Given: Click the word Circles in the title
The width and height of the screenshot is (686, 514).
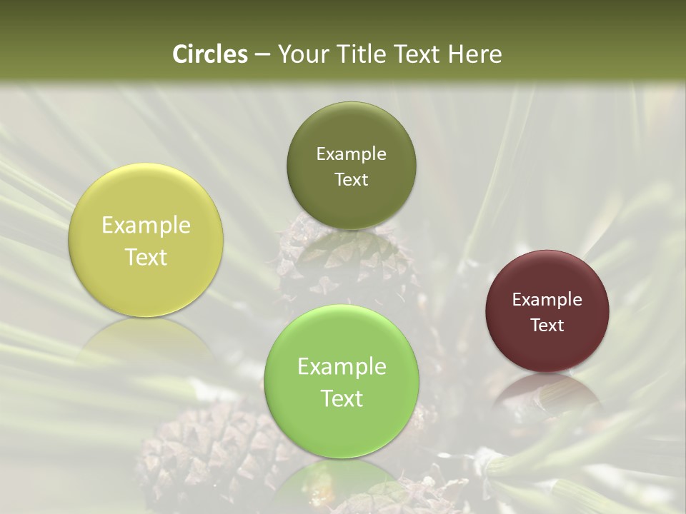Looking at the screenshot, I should point(209,54).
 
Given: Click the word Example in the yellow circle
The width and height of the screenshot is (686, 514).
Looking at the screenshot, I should point(146,226).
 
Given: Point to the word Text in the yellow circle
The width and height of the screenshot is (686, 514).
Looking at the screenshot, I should point(146,257).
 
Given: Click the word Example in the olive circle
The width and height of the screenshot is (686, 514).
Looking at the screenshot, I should point(351,154).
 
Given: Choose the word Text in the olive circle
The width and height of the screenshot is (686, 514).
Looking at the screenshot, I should point(351,179).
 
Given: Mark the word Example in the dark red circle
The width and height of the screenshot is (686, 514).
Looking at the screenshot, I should point(547,300).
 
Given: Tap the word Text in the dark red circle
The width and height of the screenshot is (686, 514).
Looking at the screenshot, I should point(547,325).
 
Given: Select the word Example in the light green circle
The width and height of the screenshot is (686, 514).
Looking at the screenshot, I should point(342,367).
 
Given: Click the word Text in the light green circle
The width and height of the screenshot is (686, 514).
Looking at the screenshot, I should point(342,398).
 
